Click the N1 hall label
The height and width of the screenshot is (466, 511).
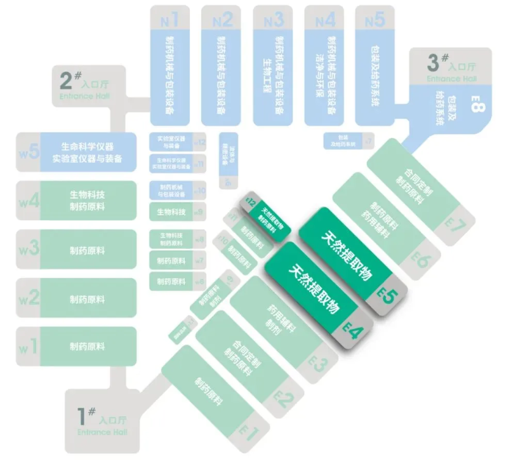click(x=169, y=20)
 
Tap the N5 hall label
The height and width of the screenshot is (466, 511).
click(x=375, y=20)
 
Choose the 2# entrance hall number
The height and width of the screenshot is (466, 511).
click(x=68, y=80)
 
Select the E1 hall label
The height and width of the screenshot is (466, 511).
click(x=249, y=434)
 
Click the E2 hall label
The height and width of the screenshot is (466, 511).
click(x=284, y=399)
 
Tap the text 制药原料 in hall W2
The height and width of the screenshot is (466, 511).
click(x=87, y=298)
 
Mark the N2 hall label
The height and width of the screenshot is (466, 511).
click(x=222, y=20)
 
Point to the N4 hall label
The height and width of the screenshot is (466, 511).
click(x=324, y=20)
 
